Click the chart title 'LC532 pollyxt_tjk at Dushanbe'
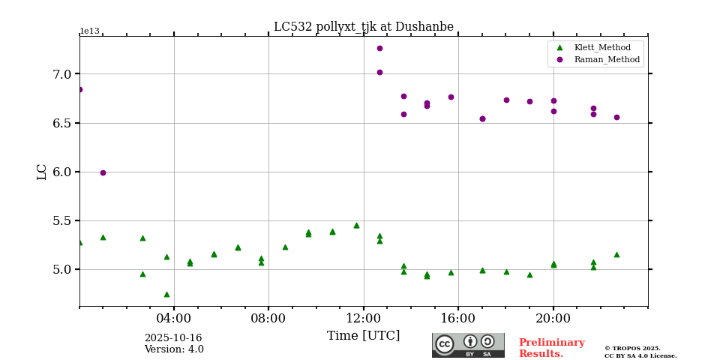tap(363, 27)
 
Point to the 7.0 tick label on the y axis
tap(61, 74)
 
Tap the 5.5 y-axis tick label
tap(61, 220)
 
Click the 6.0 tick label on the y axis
tap(61, 172)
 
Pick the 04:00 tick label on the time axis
tap(174, 318)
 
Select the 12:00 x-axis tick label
tap(364, 318)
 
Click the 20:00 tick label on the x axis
tap(553, 318)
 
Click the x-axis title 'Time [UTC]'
tap(363, 336)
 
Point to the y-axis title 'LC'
tap(42, 172)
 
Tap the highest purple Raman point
tap(379, 48)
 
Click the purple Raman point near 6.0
tap(103, 172)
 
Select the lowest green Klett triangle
tap(166, 294)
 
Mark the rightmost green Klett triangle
tap(616, 254)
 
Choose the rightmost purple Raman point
tap(616, 117)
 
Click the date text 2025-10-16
tap(173, 338)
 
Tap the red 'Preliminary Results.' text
tap(551, 348)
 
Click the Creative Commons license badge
tap(468, 345)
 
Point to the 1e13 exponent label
tap(89, 31)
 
